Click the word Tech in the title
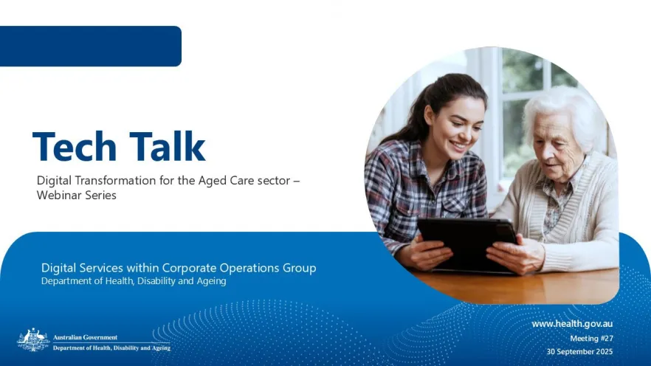pyautogui.click(x=75, y=146)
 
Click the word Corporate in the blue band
pyautogui.click(x=189, y=268)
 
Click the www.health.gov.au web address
pyautogui.click(x=572, y=324)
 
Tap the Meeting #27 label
pyautogui.click(x=592, y=339)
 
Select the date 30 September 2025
pyautogui.click(x=579, y=351)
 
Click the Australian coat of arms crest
pyautogui.click(x=33, y=340)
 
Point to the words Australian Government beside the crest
pyautogui.click(x=85, y=337)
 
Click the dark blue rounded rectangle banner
pyautogui.click(x=91, y=46)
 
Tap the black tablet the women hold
pyautogui.click(x=467, y=244)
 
